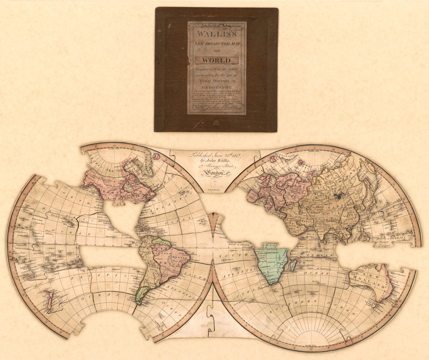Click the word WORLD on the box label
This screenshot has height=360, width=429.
(216, 60)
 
